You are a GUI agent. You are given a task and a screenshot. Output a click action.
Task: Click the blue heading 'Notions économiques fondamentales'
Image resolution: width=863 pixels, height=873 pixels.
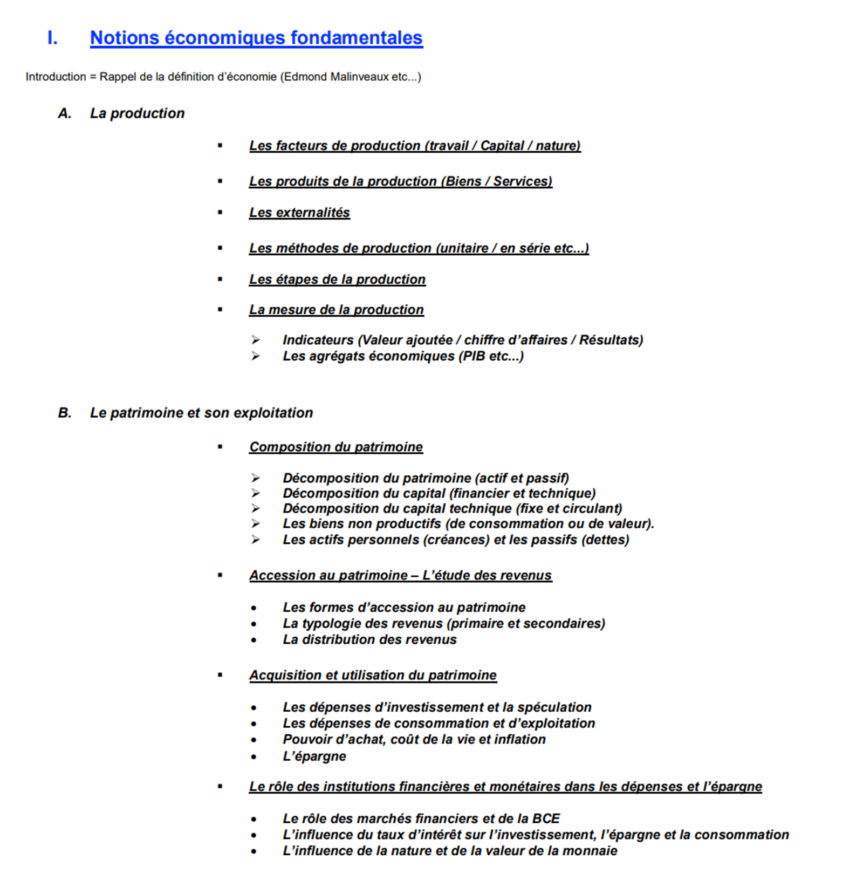(x=256, y=38)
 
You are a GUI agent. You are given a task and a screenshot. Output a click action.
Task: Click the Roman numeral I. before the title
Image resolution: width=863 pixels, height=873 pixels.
(x=52, y=38)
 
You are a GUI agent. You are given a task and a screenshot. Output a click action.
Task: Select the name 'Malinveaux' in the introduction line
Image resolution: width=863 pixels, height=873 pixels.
(x=359, y=77)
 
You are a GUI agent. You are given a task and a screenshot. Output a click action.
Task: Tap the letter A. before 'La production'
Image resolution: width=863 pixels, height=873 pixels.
(x=65, y=113)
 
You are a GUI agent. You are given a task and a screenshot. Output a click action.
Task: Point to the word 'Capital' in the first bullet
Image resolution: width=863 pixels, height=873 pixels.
(x=502, y=146)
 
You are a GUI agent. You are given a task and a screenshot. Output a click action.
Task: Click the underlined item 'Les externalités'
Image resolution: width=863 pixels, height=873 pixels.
(x=299, y=213)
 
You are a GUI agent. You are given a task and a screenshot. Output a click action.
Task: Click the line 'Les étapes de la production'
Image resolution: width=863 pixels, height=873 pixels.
(x=337, y=279)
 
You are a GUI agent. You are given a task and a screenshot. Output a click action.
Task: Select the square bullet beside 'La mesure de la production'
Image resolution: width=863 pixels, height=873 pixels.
(x=220, y=310)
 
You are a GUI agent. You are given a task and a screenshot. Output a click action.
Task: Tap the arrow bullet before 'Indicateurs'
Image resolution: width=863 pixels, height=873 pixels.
(x=256, y=340)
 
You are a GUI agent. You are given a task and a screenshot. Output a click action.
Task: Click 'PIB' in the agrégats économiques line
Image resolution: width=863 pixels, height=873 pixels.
(x=472, y=356)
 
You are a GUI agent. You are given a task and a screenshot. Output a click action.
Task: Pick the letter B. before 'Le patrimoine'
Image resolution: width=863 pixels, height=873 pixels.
(x=65, y=413)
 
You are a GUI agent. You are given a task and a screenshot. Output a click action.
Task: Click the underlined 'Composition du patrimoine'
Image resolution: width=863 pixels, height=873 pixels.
(x=336, y=447)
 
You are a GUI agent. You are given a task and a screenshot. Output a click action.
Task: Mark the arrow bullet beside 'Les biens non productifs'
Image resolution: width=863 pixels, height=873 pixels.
(x=256, y=523)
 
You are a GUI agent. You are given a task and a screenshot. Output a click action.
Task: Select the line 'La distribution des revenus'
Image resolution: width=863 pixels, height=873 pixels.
(x=369, y=639)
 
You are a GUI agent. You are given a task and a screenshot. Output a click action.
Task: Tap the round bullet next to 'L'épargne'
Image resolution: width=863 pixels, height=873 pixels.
(x=254, y=757)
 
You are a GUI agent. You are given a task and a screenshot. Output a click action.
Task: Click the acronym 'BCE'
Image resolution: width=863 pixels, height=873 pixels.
(x=546, y=819)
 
